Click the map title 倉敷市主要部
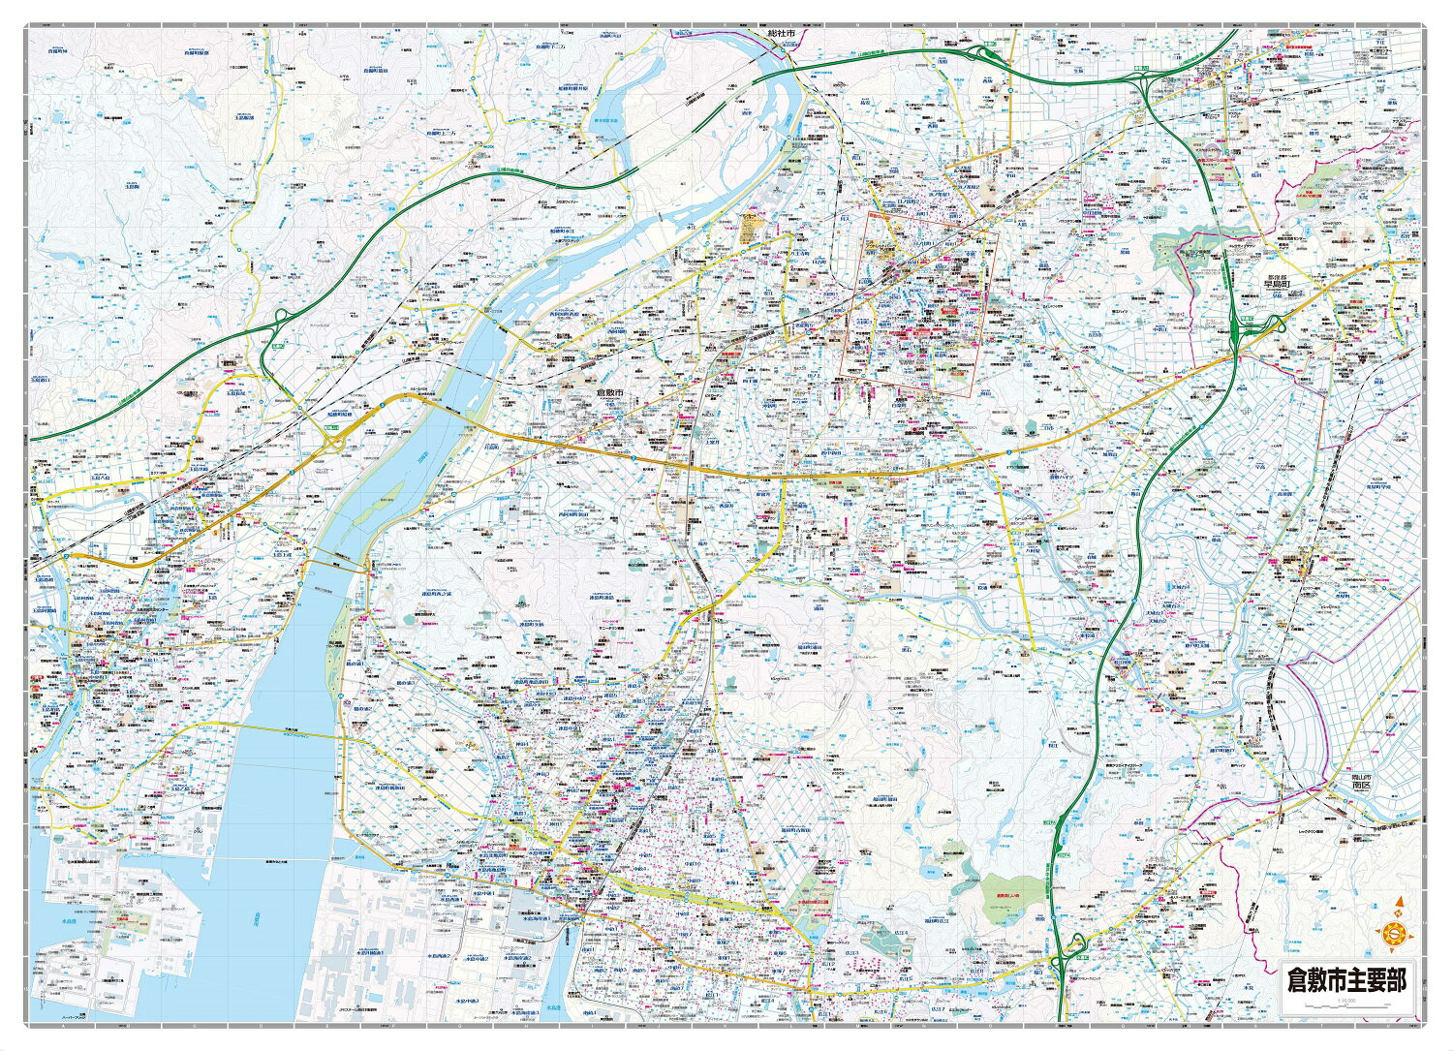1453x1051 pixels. [1345, 979]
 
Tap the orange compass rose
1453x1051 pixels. [1395, 932]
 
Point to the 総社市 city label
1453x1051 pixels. [780, 34]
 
